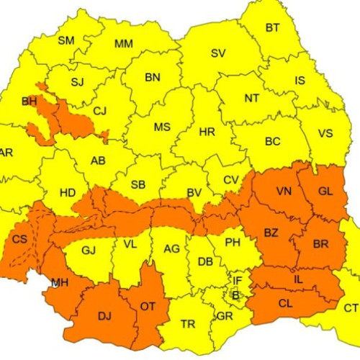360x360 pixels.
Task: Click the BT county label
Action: pos(273,28)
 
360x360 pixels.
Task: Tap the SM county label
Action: pos(66,40)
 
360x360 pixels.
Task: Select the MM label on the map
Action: pos(124,44)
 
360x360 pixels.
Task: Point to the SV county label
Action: pos(218,53)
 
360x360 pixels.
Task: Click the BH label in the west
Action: pos(29,102)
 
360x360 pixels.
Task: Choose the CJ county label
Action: pos(99,110)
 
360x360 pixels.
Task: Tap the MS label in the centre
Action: pos(162,127)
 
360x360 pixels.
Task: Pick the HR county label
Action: pos(207,132)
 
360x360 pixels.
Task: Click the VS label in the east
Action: pos(325,133)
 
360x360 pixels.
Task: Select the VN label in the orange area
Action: pos(284,191)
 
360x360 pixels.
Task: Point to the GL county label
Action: pos(325,191)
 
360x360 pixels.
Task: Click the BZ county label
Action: pos(271,233)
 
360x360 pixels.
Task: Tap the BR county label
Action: pos(321,243)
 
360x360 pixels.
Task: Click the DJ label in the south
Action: pos(104,315)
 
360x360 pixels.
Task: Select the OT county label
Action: pos(148,307)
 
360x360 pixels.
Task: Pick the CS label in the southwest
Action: pos(21,238)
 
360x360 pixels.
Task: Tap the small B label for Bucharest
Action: pos(235,294)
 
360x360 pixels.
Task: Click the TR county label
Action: pos(188,325)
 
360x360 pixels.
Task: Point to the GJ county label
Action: pos(89,250)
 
